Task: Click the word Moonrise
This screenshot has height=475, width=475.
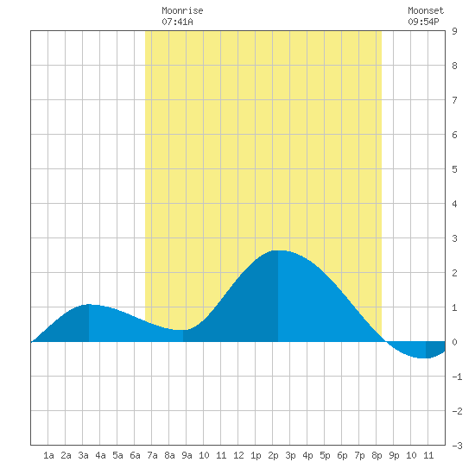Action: pos(182,10)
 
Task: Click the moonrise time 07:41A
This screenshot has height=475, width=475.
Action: pos(177,22)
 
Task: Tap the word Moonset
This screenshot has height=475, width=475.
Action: pos(426,10)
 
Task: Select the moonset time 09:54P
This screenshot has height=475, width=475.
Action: pos(423,22)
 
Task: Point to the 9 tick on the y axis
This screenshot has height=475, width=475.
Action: pos(454,31)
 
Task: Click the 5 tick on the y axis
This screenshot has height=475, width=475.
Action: pos(454,169)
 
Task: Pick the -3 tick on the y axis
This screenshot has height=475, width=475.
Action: pos(457,446)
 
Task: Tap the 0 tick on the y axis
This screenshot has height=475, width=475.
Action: pos(454,342)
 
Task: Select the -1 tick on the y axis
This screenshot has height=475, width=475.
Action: pos(457,377)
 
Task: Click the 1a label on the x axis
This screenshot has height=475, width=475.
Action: pos(48,455)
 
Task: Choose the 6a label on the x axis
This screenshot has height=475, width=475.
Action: pos(135,455)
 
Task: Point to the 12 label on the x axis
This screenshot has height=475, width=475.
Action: pos(238,455)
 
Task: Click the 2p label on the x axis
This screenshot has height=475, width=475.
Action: pos(273,455)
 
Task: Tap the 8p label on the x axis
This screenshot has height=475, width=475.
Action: pos(377,455)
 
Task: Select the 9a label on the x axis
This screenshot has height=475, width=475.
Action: pos(187,455)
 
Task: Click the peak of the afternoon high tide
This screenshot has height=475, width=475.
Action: pos(278,250)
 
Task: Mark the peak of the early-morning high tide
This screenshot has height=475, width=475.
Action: pos(89,304)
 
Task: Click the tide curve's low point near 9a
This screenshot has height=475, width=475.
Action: pos(183,330)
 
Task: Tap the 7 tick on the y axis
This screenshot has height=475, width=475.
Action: pos(454,100)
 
